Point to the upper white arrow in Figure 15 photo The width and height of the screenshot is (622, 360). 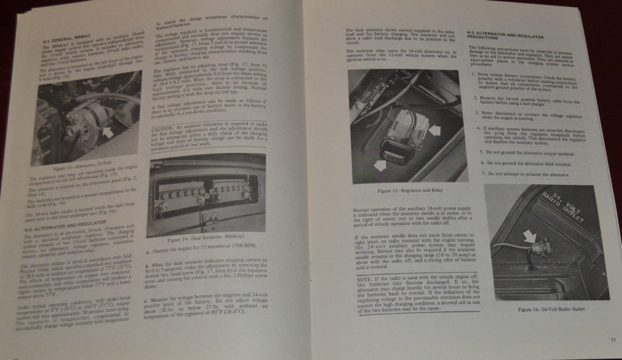pyautogui.click(x=435, y=129)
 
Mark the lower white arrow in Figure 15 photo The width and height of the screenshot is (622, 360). pyautogui.click(x=381, y=164)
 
